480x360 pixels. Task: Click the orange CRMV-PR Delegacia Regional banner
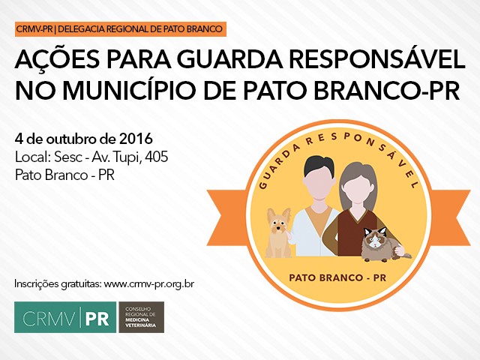click(x=121, y=29)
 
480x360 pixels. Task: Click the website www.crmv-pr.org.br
click(x=149, y=283)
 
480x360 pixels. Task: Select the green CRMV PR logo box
click(x=65, y=317)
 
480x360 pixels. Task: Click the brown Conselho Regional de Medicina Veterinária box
click(x=142, y=317)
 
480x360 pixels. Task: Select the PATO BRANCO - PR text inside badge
click(x=337, y=277)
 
